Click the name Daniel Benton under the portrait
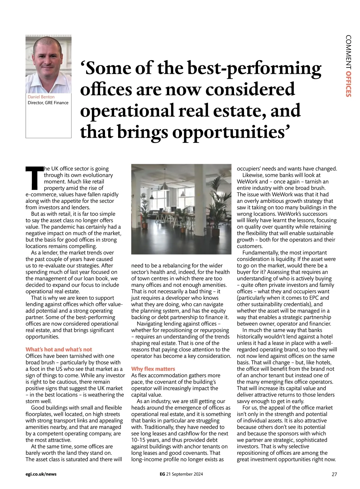pos(41,97)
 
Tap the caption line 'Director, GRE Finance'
pos(48,103)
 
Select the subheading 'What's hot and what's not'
pos(59,349)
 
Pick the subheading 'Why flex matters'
pos(153,369)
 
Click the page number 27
pos(334,474)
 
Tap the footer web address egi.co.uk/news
pos(41,474)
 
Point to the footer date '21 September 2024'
pos(184,474)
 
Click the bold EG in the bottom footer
pos(162,474)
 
